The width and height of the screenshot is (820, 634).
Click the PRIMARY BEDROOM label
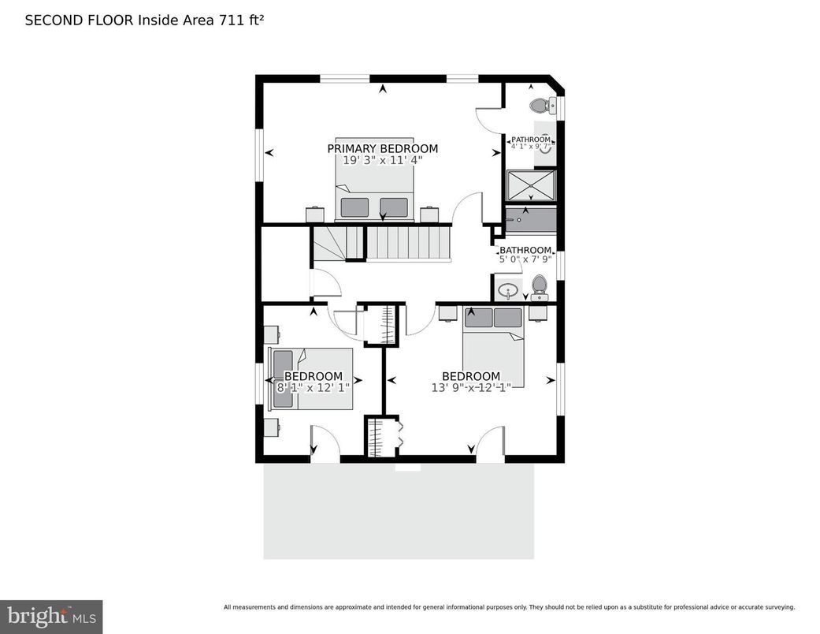pos(382,148)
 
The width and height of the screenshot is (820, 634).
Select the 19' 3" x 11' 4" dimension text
pos(382,160)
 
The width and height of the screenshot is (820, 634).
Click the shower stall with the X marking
pos(530,186)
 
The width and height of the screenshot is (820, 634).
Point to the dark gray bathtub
pos(531,220)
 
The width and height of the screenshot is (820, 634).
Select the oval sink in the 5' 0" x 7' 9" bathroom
pos(509,290)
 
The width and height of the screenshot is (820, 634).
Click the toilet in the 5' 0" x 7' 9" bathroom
pos(540,286)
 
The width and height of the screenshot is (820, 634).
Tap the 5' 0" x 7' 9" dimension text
pos(525,259)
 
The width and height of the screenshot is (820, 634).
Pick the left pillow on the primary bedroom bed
pos(354,207)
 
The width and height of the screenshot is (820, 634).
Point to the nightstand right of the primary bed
pos(429,214)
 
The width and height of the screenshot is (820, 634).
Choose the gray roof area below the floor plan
pos(398,513)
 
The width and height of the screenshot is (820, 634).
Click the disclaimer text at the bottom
pos(509,607)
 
